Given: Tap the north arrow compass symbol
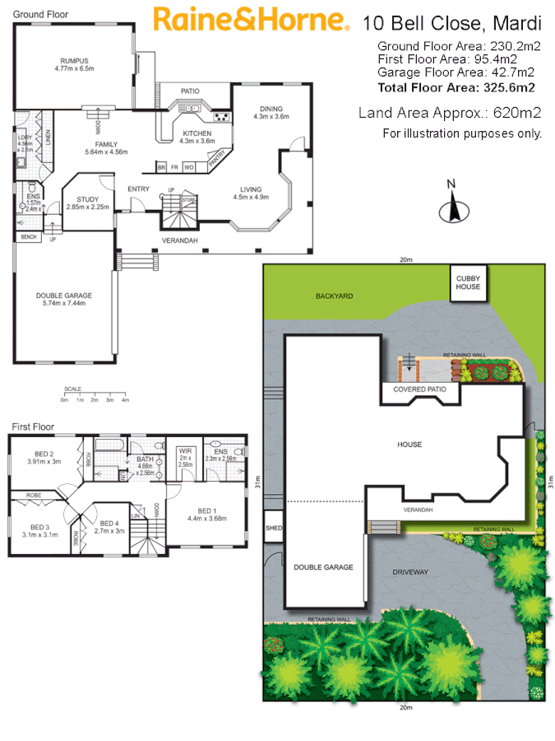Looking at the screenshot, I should tap(451, 206).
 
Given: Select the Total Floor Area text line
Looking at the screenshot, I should tap(456, 86).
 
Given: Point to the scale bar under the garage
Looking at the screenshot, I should tap(95, 398).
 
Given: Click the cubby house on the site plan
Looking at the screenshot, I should tap(468, 283).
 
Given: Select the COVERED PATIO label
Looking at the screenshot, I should tap(420, 389).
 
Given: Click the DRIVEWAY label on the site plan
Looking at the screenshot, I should tap(411, 571).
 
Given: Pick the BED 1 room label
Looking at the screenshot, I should tap(207, 514).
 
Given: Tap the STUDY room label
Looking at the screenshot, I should tap(88, 203).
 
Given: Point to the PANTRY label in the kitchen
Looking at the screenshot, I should tap(218, 161).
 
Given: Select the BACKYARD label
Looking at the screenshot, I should tap(334, 295).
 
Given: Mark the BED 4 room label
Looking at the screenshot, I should tap(109, 527).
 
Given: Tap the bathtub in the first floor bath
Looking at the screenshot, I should tap(108, 445).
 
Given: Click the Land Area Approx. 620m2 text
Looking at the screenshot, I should tap(450, 113).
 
